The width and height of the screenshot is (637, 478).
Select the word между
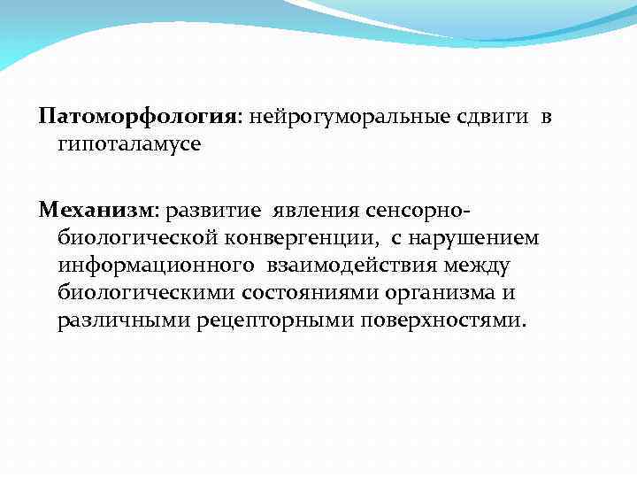coord(478,266)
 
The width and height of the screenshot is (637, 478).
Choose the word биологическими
coord(142,292)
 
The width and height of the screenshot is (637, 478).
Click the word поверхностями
coord(442,320)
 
